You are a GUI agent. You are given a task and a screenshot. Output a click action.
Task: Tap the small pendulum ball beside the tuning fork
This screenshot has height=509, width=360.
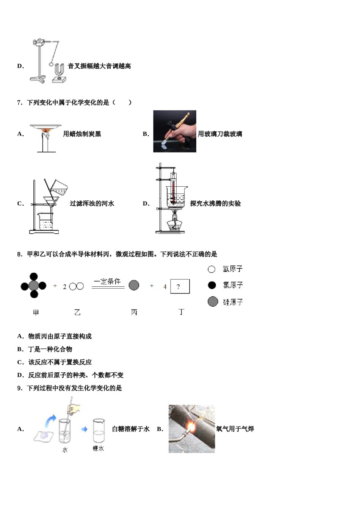pos(51,64)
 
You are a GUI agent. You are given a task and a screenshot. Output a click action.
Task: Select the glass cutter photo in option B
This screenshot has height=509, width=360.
pos(175,131)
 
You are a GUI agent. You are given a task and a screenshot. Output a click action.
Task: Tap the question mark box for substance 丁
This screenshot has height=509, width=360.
pos(180,287)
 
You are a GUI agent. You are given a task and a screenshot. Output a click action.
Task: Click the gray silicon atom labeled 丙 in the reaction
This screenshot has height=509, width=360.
pos(134,285)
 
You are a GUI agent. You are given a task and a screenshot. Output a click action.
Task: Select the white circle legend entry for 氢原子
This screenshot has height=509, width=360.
pos(211,269)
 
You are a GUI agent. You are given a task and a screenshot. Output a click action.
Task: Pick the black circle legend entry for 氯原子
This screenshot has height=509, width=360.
pos(212,285)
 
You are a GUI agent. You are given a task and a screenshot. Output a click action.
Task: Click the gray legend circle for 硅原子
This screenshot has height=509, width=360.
pos(213,301)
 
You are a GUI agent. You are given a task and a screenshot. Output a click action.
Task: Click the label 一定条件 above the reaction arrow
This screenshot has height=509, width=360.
pos(108,281)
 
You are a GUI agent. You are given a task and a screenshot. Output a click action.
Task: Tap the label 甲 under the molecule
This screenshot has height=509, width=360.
pos(36,312)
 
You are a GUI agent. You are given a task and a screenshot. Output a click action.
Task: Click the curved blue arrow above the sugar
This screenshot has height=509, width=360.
pos(50,420)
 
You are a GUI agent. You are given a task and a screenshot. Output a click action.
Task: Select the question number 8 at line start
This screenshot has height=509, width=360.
pos(19,254)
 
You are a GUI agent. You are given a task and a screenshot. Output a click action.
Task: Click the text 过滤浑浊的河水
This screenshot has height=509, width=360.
pos(92,204)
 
